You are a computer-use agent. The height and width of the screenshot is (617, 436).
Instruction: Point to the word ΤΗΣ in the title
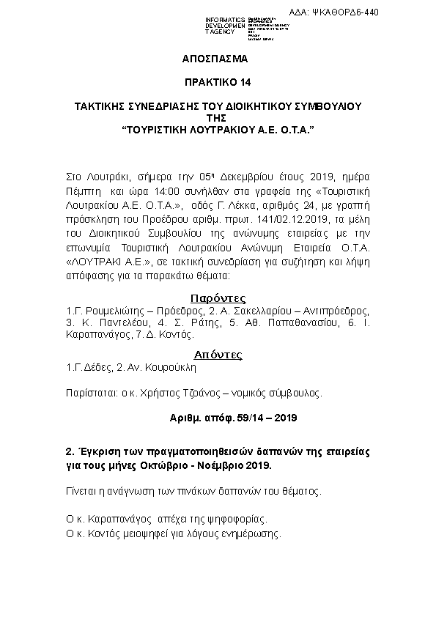(218, 117)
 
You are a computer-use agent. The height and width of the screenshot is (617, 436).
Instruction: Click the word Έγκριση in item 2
(101, 451)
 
